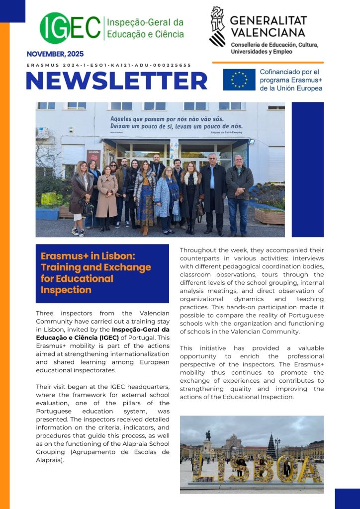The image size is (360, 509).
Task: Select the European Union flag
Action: [239, 80]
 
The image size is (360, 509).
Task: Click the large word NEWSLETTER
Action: [116, 81]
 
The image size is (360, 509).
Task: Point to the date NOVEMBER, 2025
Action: [55, 54]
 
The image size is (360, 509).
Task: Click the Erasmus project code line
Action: [108, 65]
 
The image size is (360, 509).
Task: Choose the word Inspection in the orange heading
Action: [66, 290]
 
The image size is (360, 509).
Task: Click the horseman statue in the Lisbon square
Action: [208, 438]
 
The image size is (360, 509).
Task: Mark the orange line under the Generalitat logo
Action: [268, 63]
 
